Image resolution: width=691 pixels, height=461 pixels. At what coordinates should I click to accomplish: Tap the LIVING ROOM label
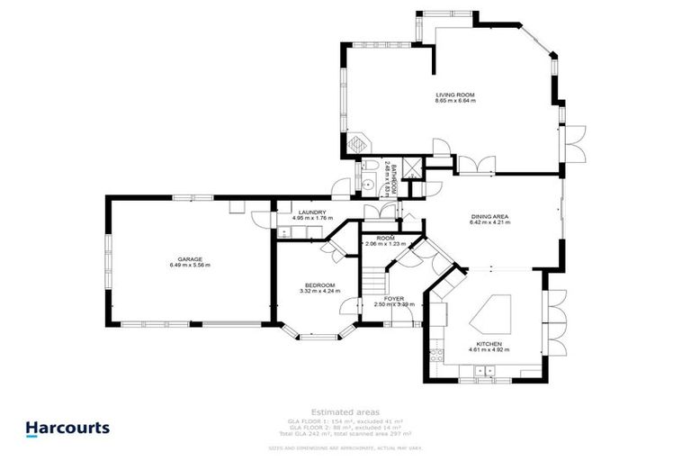tap(454, 95)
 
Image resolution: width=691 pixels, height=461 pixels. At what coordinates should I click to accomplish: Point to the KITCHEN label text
tap(489, 343)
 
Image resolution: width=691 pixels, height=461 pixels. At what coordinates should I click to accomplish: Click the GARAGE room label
tap(189, 259)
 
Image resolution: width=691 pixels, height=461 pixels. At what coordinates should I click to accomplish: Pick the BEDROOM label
tap(319, 285)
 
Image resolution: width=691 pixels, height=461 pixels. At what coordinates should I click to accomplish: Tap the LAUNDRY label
tap(312, 212)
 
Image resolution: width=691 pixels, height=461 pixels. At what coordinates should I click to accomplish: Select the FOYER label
tap(394, 298)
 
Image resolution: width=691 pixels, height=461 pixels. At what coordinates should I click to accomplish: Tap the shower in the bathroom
tap(411, 167)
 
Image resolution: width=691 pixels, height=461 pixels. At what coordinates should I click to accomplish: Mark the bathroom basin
tap(370, 185)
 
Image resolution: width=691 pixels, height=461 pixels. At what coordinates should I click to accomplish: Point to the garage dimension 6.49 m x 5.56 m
tap(189, 266)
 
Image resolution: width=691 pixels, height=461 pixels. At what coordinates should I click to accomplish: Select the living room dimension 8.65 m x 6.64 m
tap(454, 101)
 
